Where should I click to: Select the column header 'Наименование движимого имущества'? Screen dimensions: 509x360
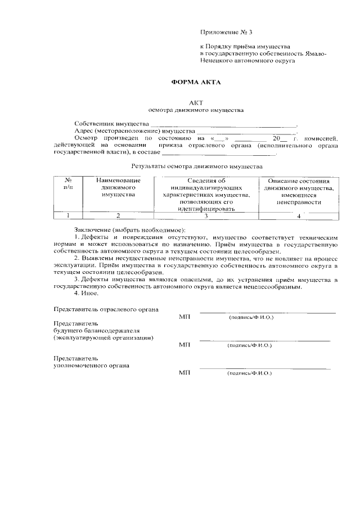point(118,187)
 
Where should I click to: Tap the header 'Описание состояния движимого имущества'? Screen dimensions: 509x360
point(299,191)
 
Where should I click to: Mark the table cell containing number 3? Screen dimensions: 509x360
point(206,215)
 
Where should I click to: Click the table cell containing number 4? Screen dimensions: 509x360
point(299,215)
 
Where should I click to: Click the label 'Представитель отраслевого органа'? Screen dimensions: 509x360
point(106,309)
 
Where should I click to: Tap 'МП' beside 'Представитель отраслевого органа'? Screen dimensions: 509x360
point(184,318)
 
